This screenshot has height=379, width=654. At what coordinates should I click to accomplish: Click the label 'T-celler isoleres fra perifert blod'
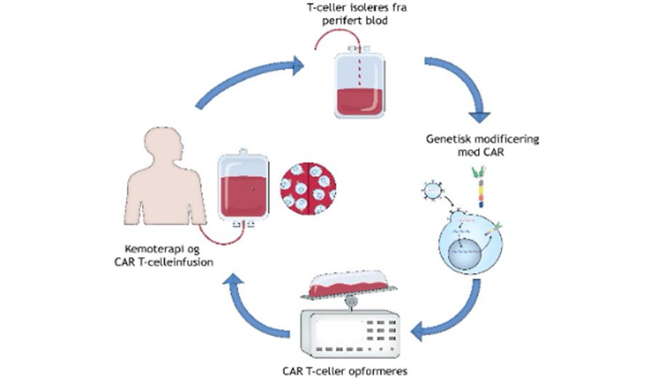coord(355,14)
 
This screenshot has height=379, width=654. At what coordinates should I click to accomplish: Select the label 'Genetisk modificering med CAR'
coord(483,144)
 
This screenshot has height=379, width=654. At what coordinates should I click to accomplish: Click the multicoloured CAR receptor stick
coord(480,187)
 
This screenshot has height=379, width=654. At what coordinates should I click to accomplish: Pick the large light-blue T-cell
coord(471,243)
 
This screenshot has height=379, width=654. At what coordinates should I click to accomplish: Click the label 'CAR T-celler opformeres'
coord(344,371)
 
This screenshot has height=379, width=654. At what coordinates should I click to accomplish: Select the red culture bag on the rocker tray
coord(348,283)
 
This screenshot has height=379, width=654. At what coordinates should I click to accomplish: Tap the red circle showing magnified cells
coord(308,189)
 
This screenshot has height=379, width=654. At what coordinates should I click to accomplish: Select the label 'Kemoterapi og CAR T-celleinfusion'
coord(163,256)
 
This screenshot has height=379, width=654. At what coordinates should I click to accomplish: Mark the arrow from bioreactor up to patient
coord(253,306)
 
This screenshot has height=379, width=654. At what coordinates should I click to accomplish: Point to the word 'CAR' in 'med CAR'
coord(493,152)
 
